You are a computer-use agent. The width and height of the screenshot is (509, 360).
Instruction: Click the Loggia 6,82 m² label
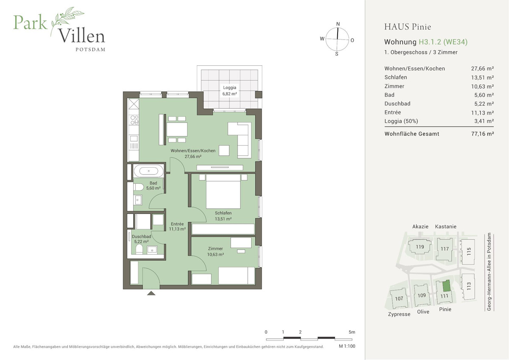click(229, 90)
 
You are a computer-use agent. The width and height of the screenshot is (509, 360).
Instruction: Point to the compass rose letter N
click(338, 24)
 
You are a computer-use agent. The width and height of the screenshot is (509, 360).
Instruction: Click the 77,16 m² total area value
click(482, 134)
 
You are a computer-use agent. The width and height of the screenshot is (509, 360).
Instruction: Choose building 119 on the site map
click(420, 247)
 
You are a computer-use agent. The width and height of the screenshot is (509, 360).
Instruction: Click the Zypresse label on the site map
click(399, 314)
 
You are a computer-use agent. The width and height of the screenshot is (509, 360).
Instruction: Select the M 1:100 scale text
click(347, 346)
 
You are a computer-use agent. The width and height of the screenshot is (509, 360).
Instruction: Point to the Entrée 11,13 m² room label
click(178, 226)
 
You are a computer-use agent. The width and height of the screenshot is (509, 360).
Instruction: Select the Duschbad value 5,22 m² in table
click(482, 104)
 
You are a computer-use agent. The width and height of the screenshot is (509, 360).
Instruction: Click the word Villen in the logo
click(81, 36)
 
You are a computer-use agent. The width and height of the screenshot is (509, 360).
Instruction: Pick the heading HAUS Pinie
click(407, 27)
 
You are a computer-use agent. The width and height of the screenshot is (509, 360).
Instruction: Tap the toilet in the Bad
click(138, 187)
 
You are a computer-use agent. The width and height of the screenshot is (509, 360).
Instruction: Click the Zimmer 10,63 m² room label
click(215, 251)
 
